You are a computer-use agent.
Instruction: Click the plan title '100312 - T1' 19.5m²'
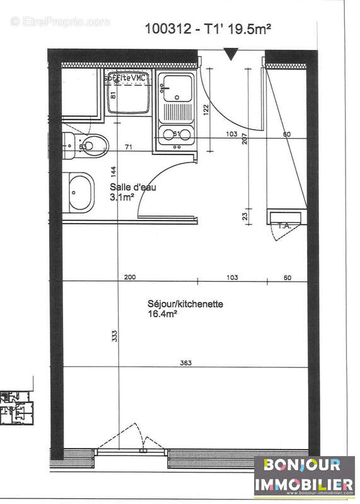pyautogui.click(x=207, y=28)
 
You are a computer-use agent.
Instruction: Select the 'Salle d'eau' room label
pyautogui.click(x=132, y=187)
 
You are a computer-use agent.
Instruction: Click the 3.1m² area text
pyautogui.click(x=122, y=197)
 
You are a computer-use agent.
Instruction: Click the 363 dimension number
pyautogui.click(x=185, y=362)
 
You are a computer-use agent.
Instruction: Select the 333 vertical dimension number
pyautogui.click(x=114, y=337)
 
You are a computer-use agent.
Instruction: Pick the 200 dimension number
pyautogui.click(x=129, y=277)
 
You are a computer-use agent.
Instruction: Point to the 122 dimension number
pyautogui.click(x=205, y=108)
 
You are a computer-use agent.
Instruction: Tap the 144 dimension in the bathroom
pyautogui.click(x=114, y=172)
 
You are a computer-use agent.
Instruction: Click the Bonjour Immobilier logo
pyautogui.click(x=304, y=476)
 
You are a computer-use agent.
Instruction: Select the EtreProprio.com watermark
pyautogui.click(x=60, y=21)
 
